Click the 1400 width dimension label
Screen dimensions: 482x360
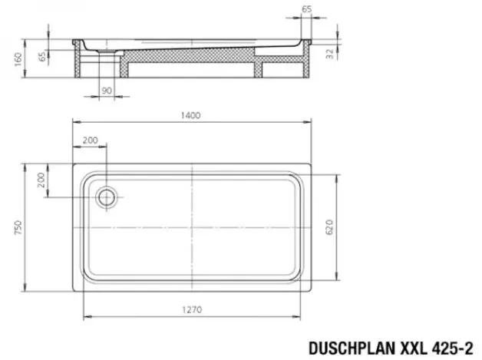tap(190, 115)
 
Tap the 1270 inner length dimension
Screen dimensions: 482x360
tap(192, 309)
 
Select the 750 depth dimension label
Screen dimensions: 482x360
tap(18, 227)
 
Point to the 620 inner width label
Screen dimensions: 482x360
tap(329, 227)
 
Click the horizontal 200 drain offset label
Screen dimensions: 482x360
tap(91, 140)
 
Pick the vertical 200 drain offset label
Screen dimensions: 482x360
tap(41, 180)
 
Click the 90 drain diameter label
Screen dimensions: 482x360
tap(107, 91)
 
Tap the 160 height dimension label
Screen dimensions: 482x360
tap(18, 59)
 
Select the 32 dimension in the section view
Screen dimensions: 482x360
tap(329, 54)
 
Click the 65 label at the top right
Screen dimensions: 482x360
tap(307, 9)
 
